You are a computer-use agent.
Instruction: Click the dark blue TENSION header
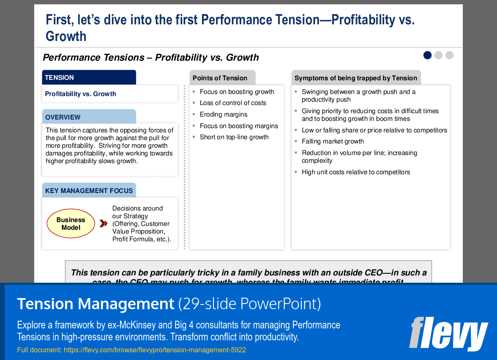pyautogui.click(x=89, y=77)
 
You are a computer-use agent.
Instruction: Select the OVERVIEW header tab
pyautogui.click(x=89, y=117)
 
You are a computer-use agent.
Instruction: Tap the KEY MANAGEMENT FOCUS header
pyautogui.click(x=89, y=190)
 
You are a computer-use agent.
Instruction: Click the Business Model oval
pyautogui.click(x=71, y=224)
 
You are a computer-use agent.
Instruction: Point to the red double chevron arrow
pyautogui.click(x=103, y=223)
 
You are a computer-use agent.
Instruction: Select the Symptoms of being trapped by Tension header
pyautogui.click(x=356, y=78)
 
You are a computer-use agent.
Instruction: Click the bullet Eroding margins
pyautogui.click(x=223, y=114)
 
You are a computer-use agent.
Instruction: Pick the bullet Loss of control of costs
pyautogui.click(x=233, y=103)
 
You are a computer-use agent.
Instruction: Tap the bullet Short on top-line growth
pyautogui.click(x=234, y=137)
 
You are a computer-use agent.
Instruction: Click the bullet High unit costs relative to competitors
pyautogui.click(x=356, y=172)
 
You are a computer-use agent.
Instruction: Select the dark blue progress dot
pyautogui.click(x=427, y=55)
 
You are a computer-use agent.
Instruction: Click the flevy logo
pyautogui.click(x=448, y=333)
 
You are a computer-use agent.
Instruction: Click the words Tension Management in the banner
pyautogui.click(x=95, y=304)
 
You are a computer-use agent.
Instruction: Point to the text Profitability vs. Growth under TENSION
pyautogui.click(x=80, y=94)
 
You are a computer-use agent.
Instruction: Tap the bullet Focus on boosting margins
pyautogui.click(x=239, y=126)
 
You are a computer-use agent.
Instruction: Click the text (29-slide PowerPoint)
pyautogui.click(x=249, y=304)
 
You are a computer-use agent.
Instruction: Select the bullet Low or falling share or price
pyautogui.click(x=374, y=130)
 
